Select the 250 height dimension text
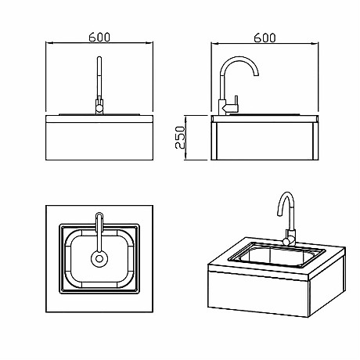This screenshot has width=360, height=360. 179,138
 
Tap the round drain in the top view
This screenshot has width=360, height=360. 99,259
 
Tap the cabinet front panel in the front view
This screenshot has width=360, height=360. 99,141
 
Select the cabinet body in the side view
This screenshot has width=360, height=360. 265,141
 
